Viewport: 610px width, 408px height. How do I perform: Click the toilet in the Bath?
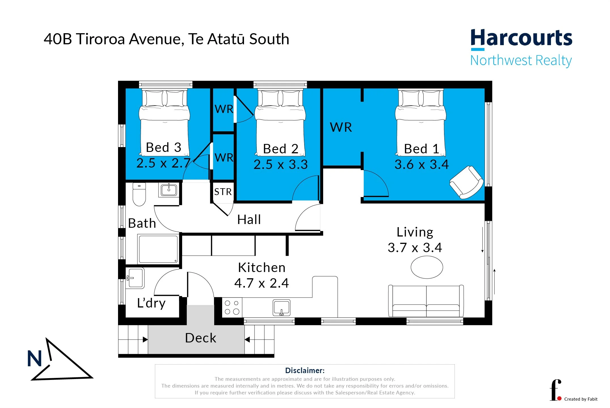click(x=139, y=194)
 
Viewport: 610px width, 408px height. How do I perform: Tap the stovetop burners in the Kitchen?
click(x=232, y=307)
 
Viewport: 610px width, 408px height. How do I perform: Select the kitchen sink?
click(x=281, y=307)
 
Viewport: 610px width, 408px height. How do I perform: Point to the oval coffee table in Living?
click(x=427, y=267)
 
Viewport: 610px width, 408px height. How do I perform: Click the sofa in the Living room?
click(x=426, y=302)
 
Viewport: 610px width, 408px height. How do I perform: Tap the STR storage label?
click(x=223, y=192)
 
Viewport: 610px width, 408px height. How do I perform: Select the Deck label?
click(x=201, y=338)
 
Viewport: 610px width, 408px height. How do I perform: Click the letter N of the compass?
click(x=35, y=358)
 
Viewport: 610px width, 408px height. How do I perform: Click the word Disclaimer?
click(x=305, y=371)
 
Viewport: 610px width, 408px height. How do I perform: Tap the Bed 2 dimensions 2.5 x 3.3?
click(x=281, y=165)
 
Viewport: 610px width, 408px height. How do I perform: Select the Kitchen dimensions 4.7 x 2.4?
click(x=262, y=283)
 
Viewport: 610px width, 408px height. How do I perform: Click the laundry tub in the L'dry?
click(x=136, y=278)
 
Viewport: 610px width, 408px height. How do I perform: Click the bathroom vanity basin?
click(x=169, y=190)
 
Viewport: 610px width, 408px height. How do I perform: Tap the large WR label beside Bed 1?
click(x=341, y=127)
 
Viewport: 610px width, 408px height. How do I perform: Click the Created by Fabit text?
click(x=580, y=399)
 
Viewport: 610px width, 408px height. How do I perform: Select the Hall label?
click(x=249, y=219)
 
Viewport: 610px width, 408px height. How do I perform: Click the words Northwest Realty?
click(x=521, y=60)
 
